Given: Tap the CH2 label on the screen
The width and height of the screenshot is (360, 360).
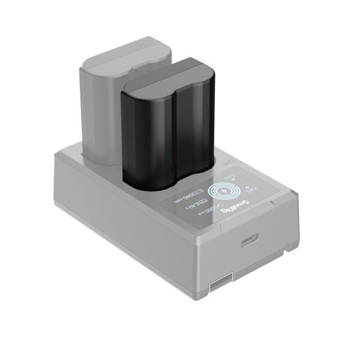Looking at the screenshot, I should tap(230, 178).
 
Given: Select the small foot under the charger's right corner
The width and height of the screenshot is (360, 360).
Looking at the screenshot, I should tap(292, 246).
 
